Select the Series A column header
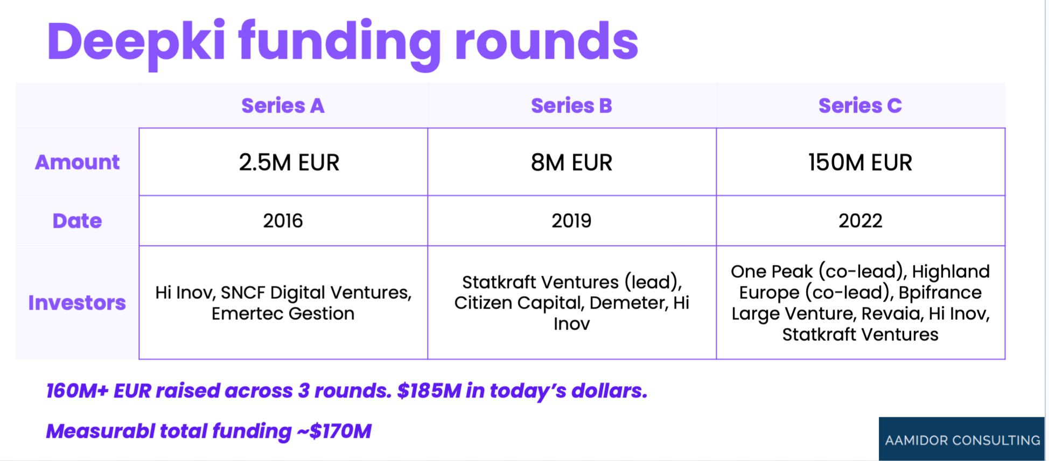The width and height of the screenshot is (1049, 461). [283, 106]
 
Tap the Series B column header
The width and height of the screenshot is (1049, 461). [571, 106]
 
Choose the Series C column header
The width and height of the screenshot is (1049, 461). [860, 106]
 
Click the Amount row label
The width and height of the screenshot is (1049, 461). [77, 162]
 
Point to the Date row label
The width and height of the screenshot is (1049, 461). [77, 221]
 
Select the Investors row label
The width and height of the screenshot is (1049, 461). [77, 303]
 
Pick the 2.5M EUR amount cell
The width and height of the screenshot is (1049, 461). [289, 162]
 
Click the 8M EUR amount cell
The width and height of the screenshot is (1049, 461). [571, 162]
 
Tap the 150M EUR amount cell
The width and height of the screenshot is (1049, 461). [860, 162]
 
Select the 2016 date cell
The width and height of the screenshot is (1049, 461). [283, 221]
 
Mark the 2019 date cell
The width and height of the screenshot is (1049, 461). [571, 221]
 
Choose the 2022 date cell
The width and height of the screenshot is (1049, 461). [860, 221]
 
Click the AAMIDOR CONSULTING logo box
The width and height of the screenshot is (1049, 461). [962, 438]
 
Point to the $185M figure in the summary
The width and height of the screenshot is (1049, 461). [429, 390]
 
